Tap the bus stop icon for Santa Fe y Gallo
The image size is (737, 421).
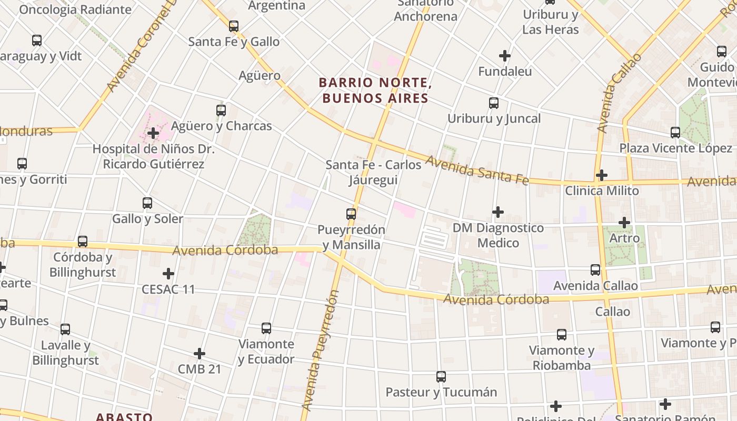point(234,26)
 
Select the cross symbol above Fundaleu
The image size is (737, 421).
point(505,55)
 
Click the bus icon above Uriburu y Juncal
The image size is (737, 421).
point(494,103)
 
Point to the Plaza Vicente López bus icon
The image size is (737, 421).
point(675,133)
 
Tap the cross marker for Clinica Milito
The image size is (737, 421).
point(602,175)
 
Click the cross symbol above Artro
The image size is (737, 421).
point(624,223)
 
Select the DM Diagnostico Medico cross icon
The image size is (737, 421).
point(498,212)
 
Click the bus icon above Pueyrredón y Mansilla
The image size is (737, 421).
point(351,214)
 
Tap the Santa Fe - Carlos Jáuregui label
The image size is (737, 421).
point(374,172)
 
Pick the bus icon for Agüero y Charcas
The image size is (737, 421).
point(221,111)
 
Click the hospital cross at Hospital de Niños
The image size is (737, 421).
point(153,133)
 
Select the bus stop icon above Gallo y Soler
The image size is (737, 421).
point(147,203)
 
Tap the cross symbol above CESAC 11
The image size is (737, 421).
point(168,274)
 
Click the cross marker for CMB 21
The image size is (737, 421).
point(200,354)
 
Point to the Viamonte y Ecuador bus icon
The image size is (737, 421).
point(266,328)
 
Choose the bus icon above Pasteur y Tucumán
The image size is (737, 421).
point(441,377)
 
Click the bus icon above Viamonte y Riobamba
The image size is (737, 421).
point(562,335)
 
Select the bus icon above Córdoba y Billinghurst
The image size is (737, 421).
point(83,242)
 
